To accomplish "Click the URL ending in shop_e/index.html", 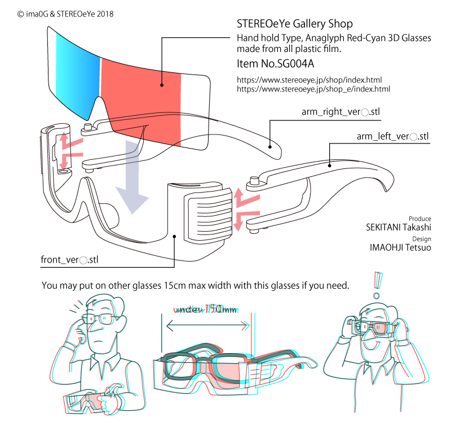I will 313,89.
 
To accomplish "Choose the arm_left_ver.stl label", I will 392,137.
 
